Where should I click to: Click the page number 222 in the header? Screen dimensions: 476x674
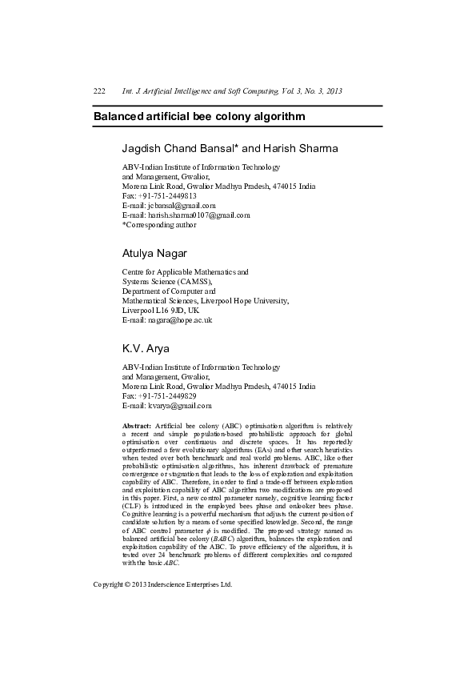click(100, 91)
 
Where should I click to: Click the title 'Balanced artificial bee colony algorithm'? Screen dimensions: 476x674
click(199, 116)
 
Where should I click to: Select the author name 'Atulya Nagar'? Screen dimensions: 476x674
click(154, 254)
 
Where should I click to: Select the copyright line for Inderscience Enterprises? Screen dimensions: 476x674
click(162, 584)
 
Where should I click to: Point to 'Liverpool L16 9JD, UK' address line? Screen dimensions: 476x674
click(160, 311)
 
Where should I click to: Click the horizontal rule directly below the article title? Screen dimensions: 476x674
click(238, 126)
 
